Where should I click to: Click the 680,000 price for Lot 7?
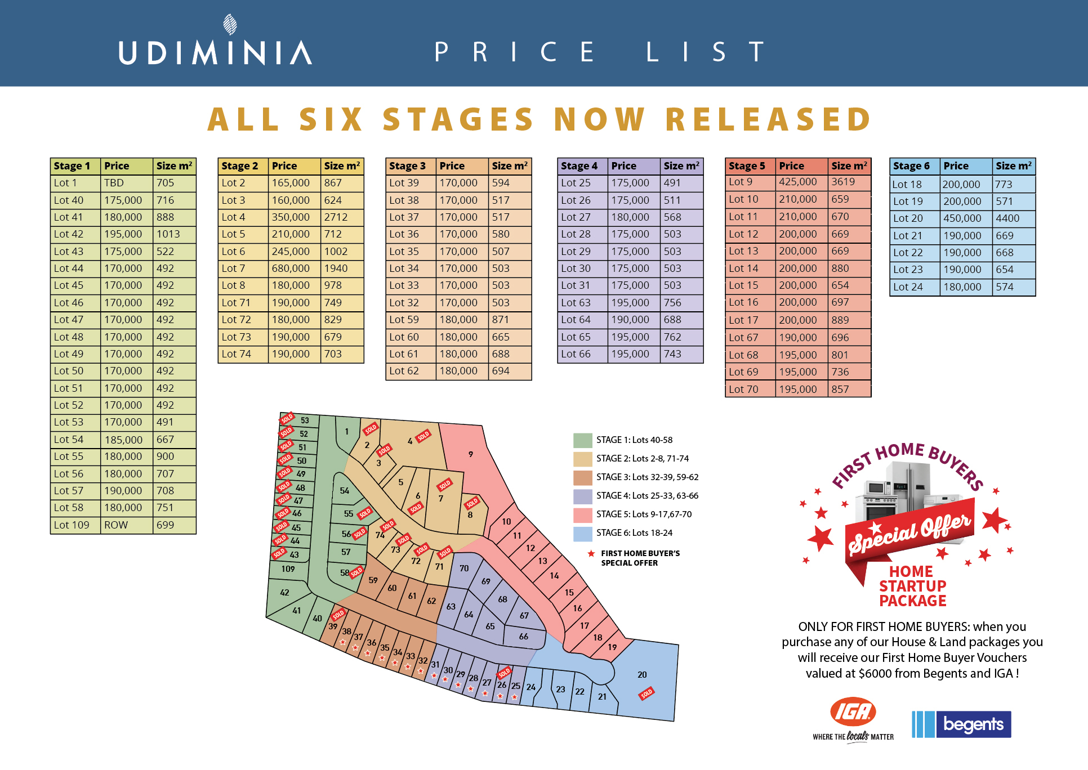coord(291,268)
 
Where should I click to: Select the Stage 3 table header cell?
coord(408,166)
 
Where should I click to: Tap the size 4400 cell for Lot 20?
coord(1007,218)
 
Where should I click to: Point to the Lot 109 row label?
coord(72,525)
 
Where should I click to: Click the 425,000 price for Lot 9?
coord(797,182)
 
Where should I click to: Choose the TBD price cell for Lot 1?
coord(114,183)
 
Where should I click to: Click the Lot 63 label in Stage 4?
coord(576,303)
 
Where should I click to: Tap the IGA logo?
coord(853,713)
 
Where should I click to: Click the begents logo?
coord(961,724)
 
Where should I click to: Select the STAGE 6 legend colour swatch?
coord(582,533)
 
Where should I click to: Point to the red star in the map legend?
coord(591,554)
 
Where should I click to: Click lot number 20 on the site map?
coord(642,674)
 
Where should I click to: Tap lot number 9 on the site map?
coord(471,454)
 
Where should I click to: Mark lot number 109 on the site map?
coord(288,569)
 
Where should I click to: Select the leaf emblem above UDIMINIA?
coord(230,25)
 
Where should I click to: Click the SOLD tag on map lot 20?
coord(646,693)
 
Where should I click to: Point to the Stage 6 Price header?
coord(956,166)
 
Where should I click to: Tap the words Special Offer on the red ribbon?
coord(909,532)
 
